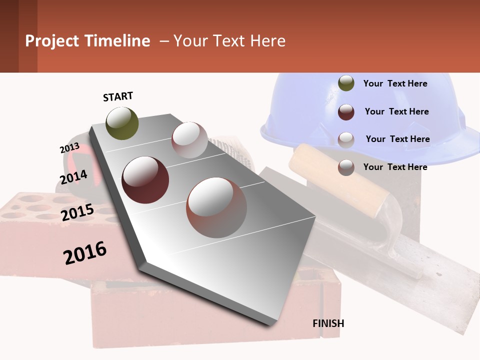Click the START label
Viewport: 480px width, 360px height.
(x=118, y=96)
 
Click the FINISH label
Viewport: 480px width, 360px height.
(x=328, y=323)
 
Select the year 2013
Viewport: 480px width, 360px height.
(x=69, y=148)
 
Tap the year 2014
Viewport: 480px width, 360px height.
(x=73, y=177)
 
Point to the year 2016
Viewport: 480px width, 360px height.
(x=85, y=253)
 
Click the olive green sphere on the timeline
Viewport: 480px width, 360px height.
(x=122, y=123)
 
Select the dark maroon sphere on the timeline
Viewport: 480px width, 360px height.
(x=145, y=180)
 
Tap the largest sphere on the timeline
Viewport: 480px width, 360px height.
(x=216, y=207)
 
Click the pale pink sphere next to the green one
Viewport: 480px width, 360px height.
(x=189, y=140)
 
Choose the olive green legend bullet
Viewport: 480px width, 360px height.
(x=346, y=83)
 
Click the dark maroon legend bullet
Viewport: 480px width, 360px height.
(x=346, y=112)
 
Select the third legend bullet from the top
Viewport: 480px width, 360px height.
(x=346, y=139)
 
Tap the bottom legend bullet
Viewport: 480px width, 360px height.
(x=346, y=167)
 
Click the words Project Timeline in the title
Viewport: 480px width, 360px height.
(x=87, y=41)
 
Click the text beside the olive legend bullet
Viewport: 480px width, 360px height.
(x=395, y=83)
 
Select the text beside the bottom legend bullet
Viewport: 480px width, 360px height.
(x=395, y=167)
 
